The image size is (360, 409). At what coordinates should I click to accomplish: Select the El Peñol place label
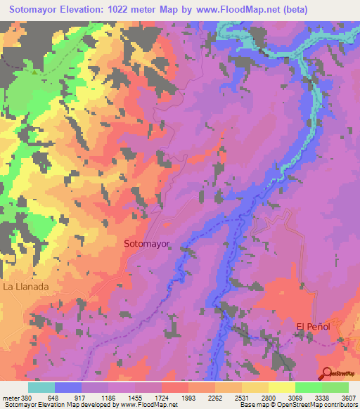(x=313, y=326)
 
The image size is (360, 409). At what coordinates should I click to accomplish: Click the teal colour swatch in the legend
(x=41, y=387)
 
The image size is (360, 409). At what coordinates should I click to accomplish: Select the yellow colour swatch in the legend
(x=281, y=387)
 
